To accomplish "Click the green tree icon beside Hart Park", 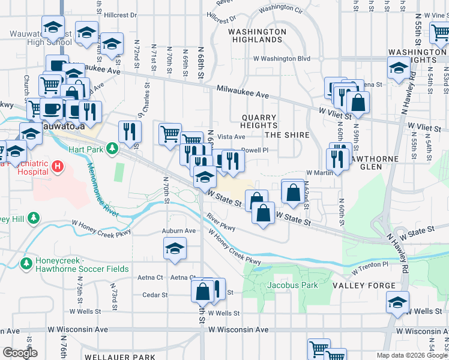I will point(111,148).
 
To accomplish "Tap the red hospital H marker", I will point(58,166).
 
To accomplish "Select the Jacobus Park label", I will point(292,285).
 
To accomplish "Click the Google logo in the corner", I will point(19,352).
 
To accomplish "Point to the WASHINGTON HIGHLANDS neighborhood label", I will point(258,35).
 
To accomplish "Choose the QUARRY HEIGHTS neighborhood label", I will point(259,122).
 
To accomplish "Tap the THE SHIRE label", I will point(287,135).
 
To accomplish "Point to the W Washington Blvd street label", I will point(282,59).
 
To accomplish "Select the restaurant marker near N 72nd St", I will point(130,131).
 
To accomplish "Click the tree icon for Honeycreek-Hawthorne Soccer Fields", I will point(26,263).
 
